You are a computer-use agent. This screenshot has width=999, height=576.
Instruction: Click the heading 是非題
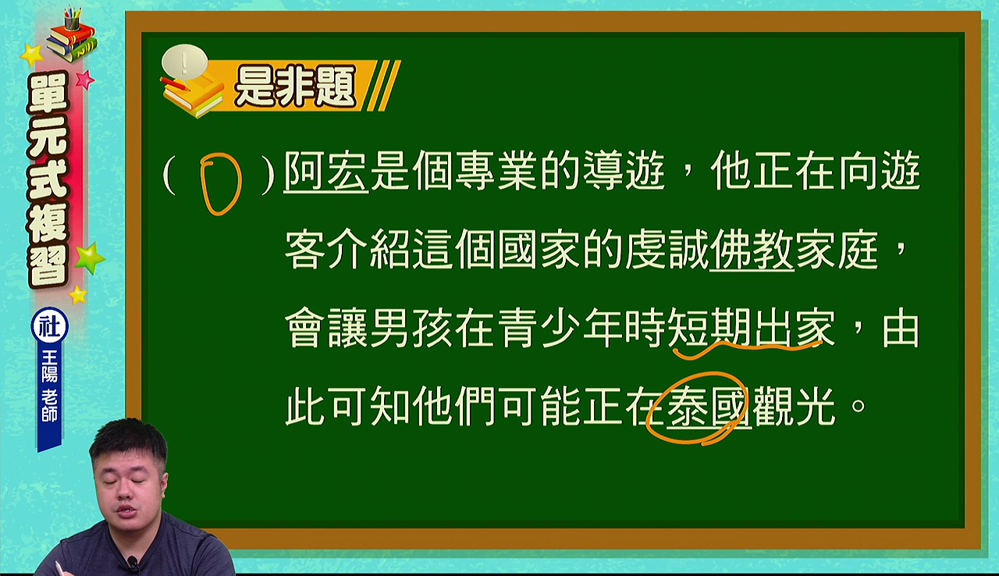point(295,87)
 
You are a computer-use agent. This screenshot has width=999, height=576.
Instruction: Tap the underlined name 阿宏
point(326,172)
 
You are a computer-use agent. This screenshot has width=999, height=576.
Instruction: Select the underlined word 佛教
point(752,250)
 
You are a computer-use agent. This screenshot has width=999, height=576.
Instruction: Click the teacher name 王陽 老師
point(49,386)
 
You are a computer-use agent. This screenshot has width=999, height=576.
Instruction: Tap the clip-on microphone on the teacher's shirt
point(133,564)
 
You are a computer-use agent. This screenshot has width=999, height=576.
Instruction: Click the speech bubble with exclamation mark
point(185,62)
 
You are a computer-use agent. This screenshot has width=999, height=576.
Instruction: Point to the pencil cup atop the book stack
point(72,18)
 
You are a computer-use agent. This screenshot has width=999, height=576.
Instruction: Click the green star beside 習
point(90,258)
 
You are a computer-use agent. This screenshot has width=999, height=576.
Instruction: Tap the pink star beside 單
point(85,80)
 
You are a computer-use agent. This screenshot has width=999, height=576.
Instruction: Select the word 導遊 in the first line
point(624,172)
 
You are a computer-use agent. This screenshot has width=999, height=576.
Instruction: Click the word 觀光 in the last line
point(794,407)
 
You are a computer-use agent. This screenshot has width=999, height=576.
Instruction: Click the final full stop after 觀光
point(859,405)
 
